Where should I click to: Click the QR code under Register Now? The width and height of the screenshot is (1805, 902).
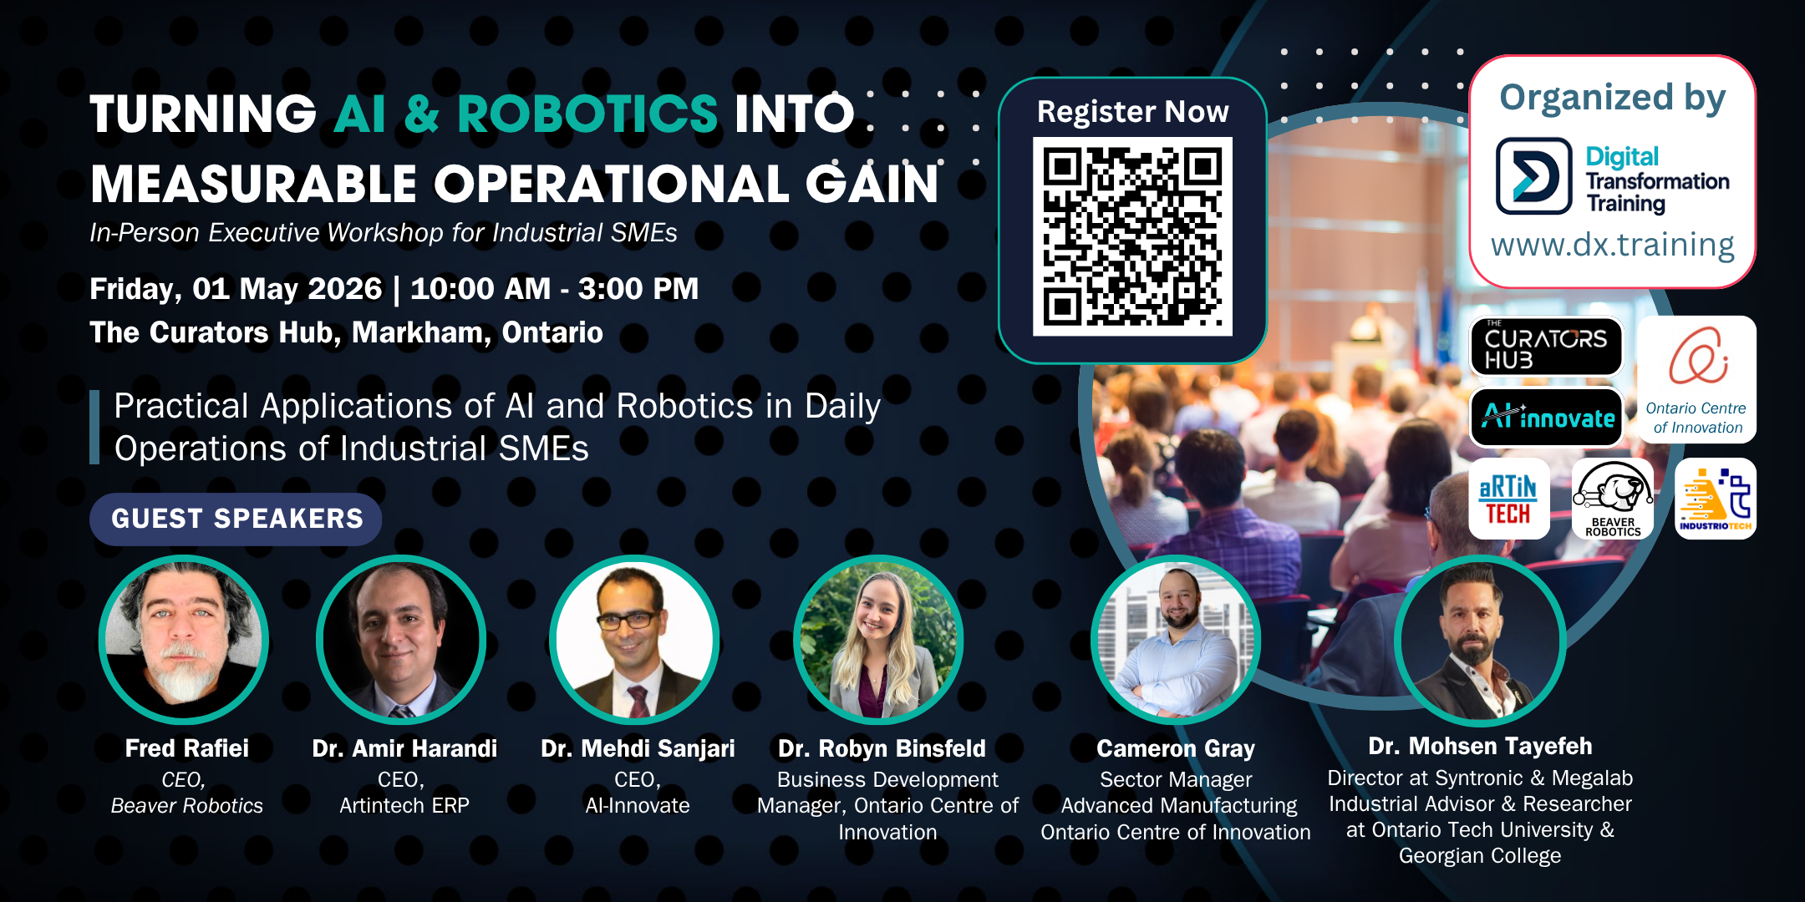1132,236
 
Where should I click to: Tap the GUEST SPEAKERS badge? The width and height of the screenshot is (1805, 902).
236,519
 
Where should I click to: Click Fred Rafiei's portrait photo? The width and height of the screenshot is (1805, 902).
184,639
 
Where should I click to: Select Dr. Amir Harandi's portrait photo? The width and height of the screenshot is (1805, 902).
401,639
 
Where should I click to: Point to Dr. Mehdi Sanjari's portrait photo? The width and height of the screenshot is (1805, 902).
634,639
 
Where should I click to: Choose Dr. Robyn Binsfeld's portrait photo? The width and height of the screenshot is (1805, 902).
878,639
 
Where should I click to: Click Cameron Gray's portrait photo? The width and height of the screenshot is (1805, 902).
1176,639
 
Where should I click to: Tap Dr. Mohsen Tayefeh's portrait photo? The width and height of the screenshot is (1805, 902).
1480,641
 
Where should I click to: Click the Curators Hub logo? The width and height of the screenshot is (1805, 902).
1546,347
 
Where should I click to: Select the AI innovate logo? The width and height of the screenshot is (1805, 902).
1546,417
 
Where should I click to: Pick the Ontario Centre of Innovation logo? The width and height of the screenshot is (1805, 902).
1696,379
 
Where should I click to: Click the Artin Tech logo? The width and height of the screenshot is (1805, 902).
1509,499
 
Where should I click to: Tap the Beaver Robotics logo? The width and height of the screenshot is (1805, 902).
1613,499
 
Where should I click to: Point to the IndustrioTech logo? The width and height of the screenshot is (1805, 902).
1716,499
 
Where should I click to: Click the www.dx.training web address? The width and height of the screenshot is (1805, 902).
1612,245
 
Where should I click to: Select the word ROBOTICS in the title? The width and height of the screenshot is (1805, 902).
587,114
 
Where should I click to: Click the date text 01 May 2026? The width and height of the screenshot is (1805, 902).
287,289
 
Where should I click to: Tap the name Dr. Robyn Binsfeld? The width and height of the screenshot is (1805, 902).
882,748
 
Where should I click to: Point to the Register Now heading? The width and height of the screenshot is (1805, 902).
1132,111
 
